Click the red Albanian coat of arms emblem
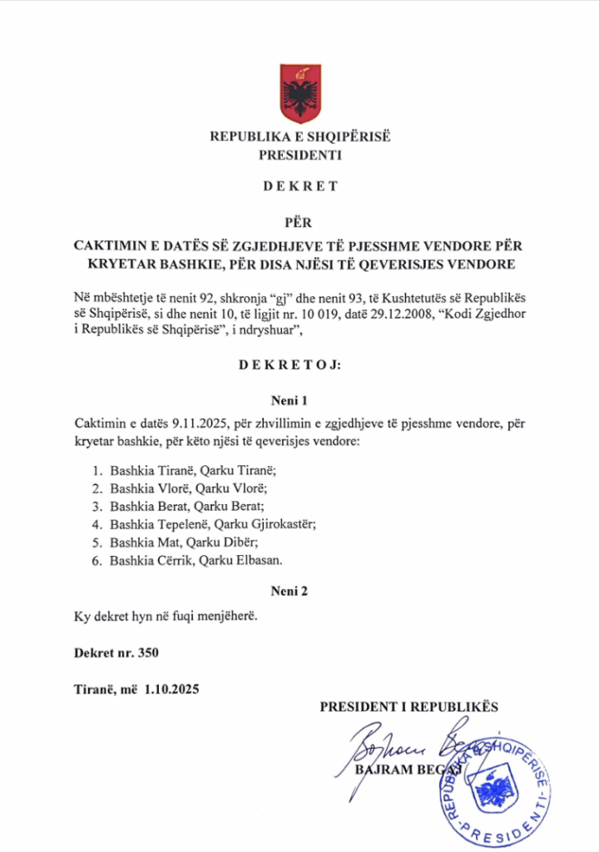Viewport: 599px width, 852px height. coord(300,92)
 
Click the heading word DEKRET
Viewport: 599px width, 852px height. coord(300,186)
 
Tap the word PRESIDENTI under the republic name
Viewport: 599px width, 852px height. coord(300,155)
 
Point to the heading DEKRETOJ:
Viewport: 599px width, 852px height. coord(300,365)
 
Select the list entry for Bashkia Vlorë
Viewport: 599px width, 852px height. coord(142,488)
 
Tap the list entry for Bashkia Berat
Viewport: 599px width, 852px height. coord(142,506)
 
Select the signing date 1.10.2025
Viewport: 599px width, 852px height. coord(171,689)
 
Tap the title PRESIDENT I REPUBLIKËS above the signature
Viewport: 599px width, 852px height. coord(408,707)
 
